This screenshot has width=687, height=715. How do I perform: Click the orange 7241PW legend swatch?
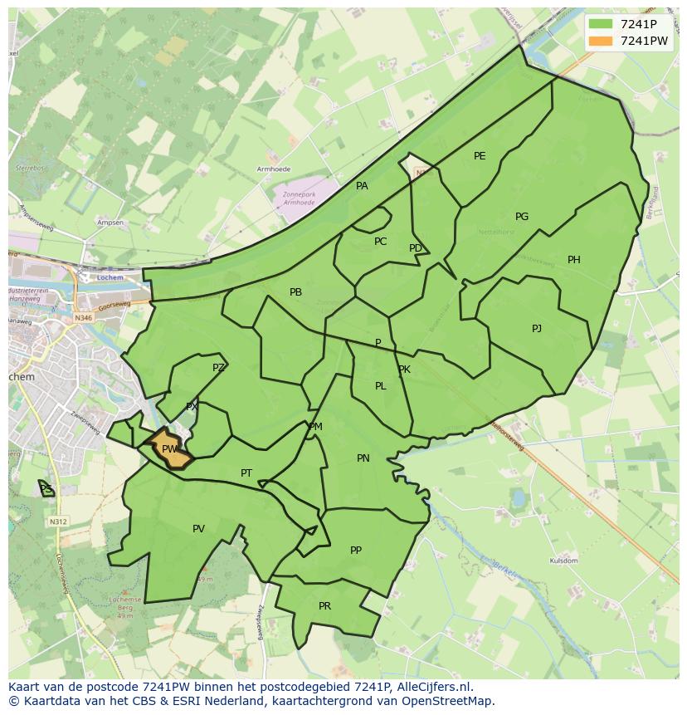click(x=602, y=42)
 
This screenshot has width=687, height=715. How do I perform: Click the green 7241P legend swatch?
click(x=602, y=24)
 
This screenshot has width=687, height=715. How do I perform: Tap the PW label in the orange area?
click(x=169, y=449)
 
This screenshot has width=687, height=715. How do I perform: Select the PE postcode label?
click(x=480, y=156)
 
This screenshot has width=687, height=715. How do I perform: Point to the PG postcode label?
click(x=522, y=217)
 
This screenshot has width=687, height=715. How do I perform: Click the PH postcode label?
click(x=574, y=260)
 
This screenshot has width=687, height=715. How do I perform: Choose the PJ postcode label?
click(x=537, y=329)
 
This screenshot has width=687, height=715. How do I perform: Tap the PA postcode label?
click(x=362, y=186)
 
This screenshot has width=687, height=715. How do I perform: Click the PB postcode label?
click(x=295, y=292)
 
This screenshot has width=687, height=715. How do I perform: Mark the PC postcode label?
click(x=380, y=242)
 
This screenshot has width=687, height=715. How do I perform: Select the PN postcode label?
click(x=363, y=458)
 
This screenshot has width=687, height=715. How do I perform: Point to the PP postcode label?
click(x=356, y=550)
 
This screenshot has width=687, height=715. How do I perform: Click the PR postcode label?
click(x=324, y=606)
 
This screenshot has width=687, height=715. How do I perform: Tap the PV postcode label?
click(x=198, y=529)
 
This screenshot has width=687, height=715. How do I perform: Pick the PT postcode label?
click(x=246, y=473)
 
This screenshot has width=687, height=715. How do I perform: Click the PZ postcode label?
click(x=218, y=368)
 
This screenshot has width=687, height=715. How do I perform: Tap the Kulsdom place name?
click(x=563, y=561)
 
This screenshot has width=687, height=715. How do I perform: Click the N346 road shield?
click(x=83, y=317)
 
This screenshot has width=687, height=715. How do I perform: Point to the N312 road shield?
click(x=57, y=522)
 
